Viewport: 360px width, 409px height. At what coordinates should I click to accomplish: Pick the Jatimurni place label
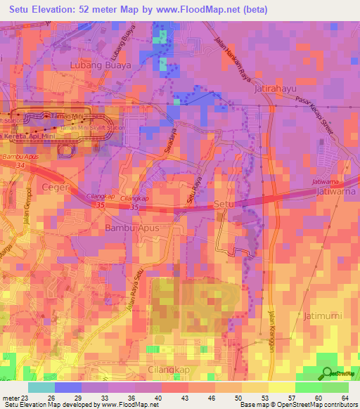(323, 316)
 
